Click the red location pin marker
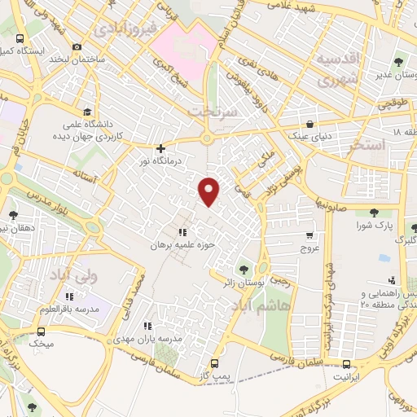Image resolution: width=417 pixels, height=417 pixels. coord(209,190)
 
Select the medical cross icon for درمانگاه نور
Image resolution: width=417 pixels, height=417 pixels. coord(161,149)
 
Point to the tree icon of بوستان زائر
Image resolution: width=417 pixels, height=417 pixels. coord(243,270)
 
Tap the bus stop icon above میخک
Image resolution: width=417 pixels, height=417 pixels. coord(42,331)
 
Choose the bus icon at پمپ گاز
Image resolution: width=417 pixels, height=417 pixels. coord(214,363)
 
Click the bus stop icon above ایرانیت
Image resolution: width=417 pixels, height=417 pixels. coord(348,364)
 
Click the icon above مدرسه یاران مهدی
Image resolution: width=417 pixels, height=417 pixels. coord(147,326)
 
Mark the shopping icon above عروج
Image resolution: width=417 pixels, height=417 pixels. coord(308,234)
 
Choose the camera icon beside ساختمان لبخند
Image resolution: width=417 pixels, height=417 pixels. coord(77,46)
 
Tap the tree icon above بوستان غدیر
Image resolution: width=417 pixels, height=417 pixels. coord(400,61)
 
